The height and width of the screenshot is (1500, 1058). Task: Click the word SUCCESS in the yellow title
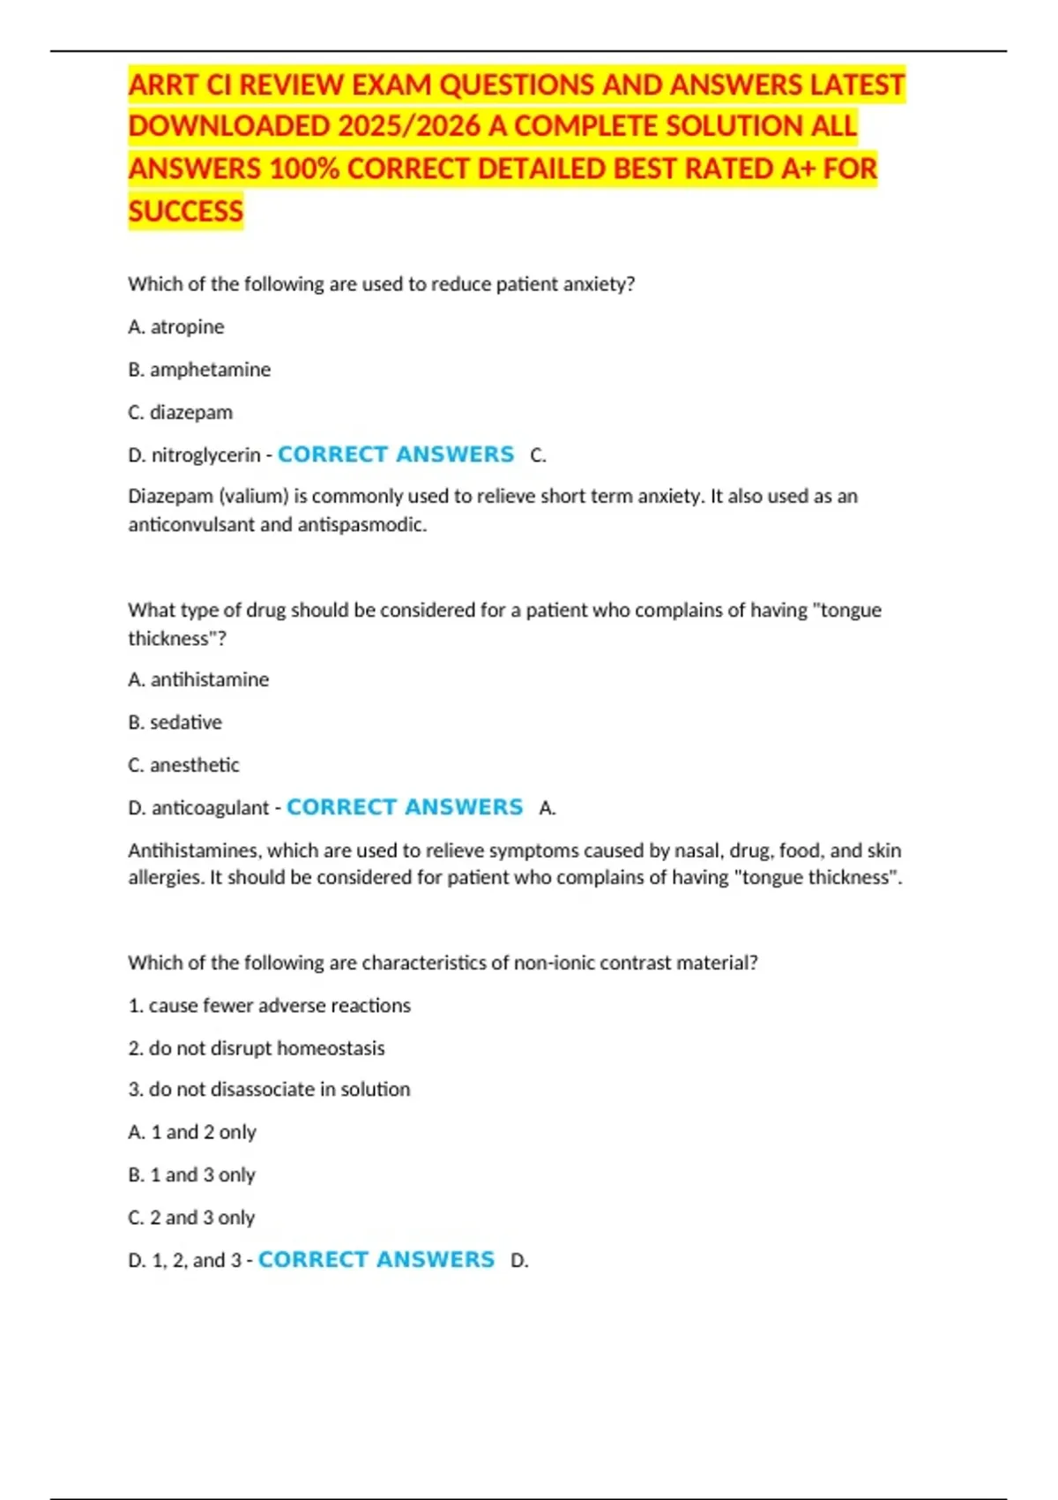click(185, 212)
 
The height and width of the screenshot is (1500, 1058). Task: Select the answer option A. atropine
click(176, 327)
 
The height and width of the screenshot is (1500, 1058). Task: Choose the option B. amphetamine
click(199, 370)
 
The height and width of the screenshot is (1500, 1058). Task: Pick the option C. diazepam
click(181, 413)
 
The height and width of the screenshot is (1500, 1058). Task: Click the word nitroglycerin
click(206, 455)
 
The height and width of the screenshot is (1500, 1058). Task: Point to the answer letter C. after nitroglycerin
click(538, 456)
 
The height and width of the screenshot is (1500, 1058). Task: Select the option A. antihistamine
click(198, 679)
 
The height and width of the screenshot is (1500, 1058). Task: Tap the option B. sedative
click(175, 723)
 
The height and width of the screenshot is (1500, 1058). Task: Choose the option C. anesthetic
click(183, 765)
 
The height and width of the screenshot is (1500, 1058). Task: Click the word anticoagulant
click(211, 808)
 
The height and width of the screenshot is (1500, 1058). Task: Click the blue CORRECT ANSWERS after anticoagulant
click(405, 807)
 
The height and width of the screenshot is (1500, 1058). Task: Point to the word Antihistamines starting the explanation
click(194, 851)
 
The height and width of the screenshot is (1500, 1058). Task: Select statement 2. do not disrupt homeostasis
click(257, 1048)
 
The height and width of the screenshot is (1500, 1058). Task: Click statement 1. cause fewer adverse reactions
click(269, 1006)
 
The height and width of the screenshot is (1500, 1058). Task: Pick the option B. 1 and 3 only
click(191, 1175)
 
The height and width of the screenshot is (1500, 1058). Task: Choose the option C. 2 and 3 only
click(191, 1218)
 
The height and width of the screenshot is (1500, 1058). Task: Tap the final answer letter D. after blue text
click(519, 1261)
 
